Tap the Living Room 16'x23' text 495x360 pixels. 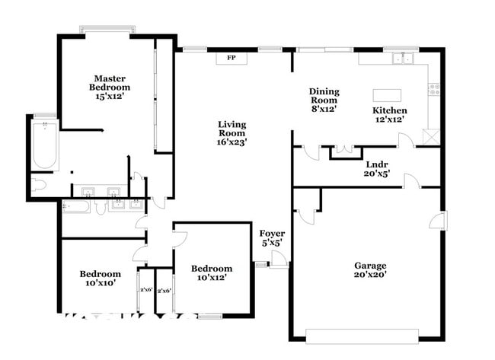232,132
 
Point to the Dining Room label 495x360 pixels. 324,100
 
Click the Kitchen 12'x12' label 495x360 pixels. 388,114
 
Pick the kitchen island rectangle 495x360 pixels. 388,95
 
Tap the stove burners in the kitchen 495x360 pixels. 435,88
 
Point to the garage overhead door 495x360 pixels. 362,334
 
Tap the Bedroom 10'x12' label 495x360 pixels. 211,272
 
